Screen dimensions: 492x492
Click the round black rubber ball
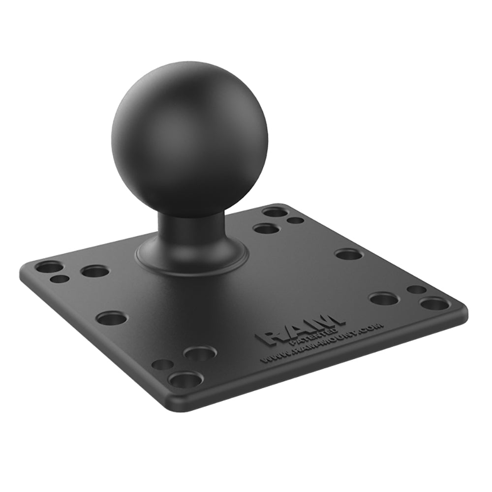pos(189,138)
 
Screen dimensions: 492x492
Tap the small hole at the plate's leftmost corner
pos(60,279)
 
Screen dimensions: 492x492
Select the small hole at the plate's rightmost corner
pos(416,290)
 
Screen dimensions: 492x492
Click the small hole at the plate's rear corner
pos(296,220)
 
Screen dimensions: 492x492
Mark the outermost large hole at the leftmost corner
pos(49,267)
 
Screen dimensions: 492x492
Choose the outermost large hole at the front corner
pos(185,379)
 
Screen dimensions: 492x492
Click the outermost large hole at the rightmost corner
pos(435,304)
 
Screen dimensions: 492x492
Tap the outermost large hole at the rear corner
pos(275,212)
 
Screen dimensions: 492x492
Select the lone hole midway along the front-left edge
pos(111,318)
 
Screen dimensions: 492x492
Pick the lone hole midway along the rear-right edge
pos(348,254)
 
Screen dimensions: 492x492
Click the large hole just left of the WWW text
pos(200,353)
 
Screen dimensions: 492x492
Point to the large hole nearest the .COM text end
pos(384,298)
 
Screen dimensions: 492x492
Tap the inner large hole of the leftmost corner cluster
pos(94,271)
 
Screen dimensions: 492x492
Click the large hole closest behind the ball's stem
pos(266,228)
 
